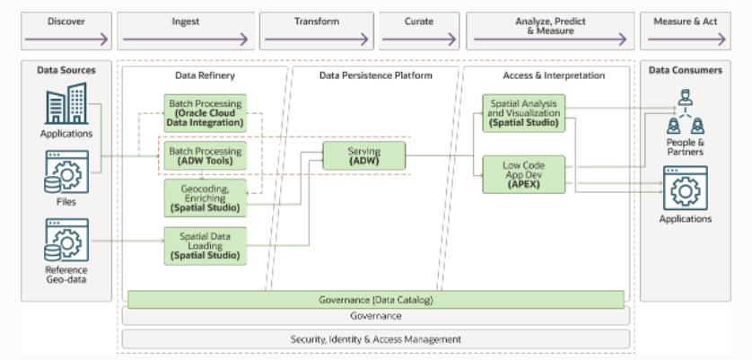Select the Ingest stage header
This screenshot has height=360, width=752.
185,31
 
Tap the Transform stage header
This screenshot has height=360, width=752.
316,31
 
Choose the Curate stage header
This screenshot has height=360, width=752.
418,31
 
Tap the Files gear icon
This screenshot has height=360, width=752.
66,172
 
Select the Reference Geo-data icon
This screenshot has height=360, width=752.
66,240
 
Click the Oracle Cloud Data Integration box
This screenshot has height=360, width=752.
205,113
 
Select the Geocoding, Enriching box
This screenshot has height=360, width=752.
205,198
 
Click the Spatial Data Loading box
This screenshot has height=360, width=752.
205,246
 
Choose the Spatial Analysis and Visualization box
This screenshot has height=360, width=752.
524,113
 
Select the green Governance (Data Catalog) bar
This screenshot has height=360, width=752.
375,299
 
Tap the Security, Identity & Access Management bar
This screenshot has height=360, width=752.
375,339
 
